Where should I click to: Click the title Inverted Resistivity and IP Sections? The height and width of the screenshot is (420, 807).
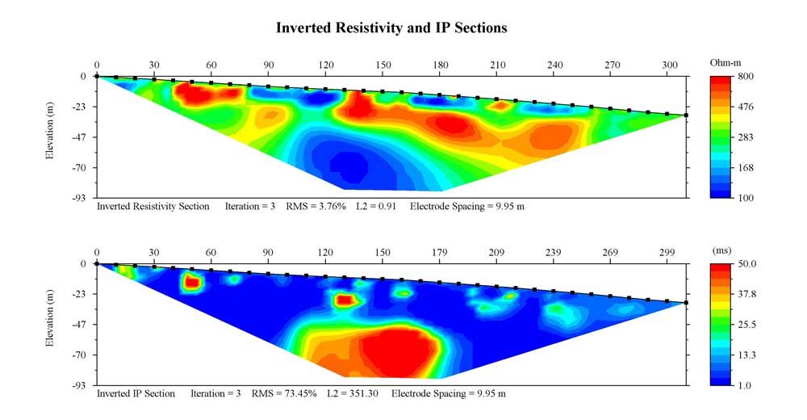(391, 27)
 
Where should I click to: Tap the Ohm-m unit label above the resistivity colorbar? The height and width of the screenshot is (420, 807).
(725, 62)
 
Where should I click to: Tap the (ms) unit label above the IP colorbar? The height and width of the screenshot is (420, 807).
(721, 250)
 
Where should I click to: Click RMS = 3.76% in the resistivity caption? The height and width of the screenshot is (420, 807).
(316, 207)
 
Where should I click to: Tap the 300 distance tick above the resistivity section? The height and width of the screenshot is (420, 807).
(669, 65)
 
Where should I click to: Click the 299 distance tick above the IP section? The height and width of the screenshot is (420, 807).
(667, 252)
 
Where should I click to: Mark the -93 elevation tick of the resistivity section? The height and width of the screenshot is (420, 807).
(79, 199)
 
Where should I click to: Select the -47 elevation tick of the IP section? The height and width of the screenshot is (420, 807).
(79, 325)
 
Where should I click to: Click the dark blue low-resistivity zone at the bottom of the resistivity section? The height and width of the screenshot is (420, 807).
(351, 166)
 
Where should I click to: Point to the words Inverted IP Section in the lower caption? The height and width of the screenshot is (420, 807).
(136, 394)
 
